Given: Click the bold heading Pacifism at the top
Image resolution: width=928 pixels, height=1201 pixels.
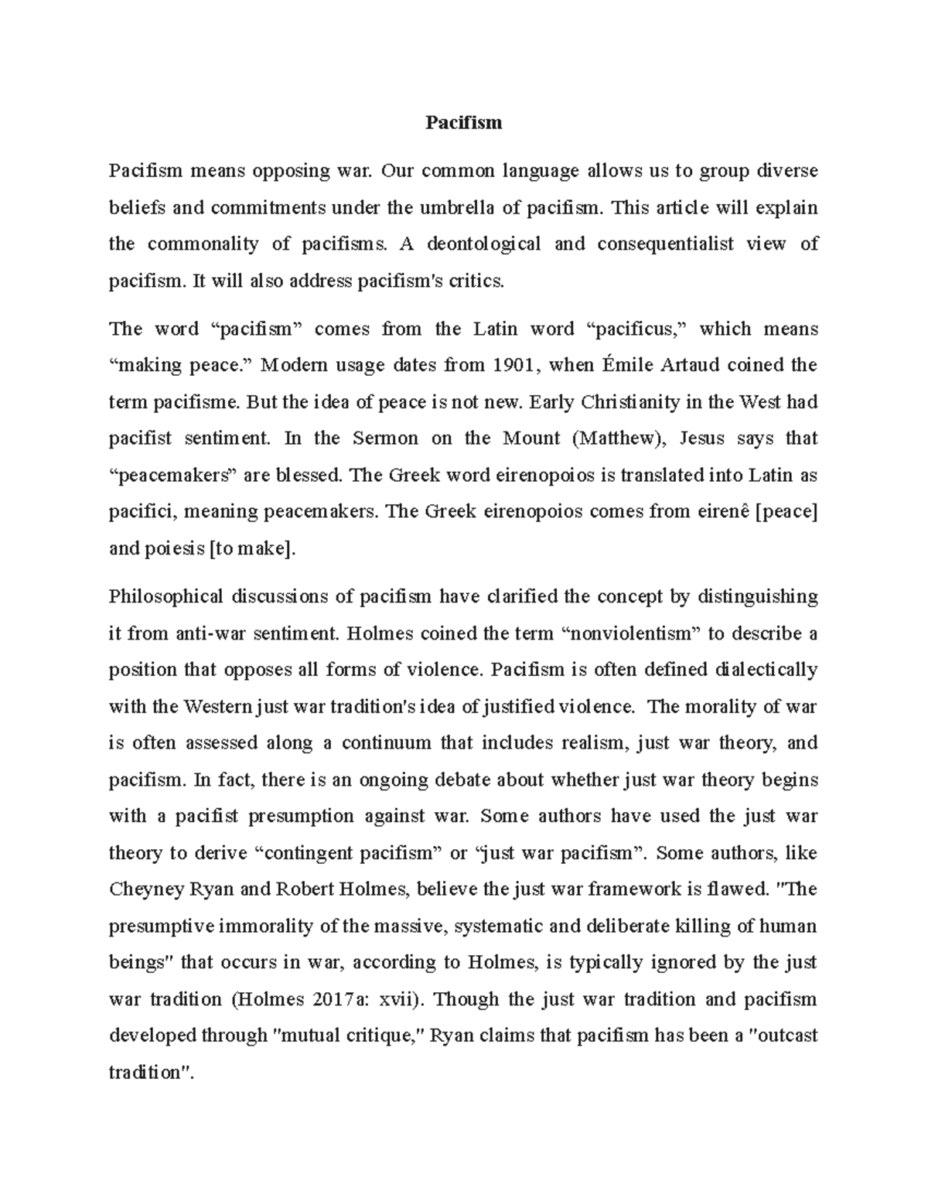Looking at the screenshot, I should click(463, 122).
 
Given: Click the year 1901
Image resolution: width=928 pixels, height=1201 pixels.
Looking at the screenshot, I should click(513, 365).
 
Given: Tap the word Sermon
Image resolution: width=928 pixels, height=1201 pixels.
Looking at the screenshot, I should click(385, 438).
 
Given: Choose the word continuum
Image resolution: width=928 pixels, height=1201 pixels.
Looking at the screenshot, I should click(386, 743).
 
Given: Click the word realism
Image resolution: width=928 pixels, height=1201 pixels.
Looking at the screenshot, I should click(595, 743).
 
